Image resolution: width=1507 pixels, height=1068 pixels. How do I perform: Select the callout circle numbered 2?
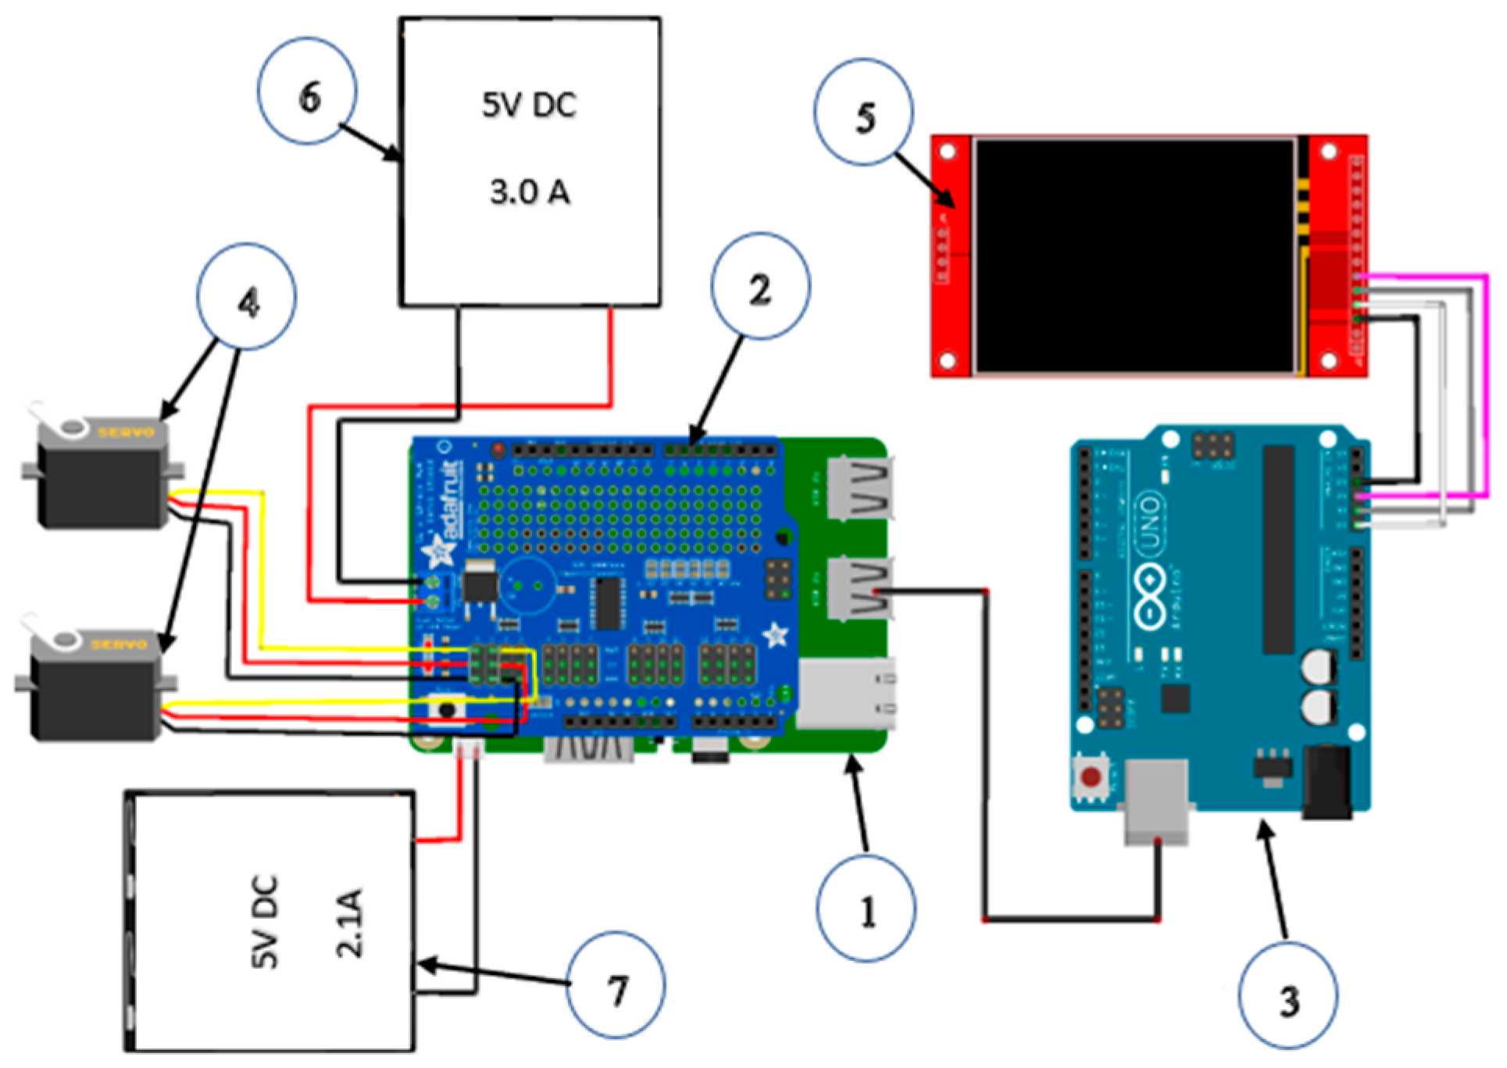760,286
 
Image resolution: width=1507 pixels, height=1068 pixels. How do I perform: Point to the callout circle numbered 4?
247,297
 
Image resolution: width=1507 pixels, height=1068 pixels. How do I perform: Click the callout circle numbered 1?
866,908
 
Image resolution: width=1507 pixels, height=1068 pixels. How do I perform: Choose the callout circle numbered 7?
616,985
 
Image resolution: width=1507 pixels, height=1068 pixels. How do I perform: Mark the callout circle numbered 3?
1287,995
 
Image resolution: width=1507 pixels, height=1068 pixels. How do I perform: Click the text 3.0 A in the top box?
530,192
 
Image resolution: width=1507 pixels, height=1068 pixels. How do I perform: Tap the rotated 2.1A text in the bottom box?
349,923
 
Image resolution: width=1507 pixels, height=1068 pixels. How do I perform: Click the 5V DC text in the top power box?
530,105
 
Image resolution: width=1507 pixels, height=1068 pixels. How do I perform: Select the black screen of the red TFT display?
1134,255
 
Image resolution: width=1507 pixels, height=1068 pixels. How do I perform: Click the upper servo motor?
102,477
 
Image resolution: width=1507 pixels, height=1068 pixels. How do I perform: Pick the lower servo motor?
94,688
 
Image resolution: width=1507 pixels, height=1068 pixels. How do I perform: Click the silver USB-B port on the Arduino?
1156,801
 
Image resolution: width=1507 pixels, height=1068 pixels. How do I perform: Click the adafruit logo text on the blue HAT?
452,500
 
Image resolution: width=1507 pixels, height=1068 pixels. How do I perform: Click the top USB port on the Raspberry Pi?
859,488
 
